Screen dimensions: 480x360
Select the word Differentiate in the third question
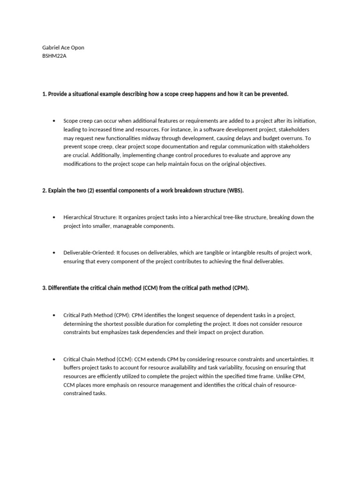pyautogui.click(x=65, y=288)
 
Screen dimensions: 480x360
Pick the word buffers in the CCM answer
pyautogui.click(x=73, y=368)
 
